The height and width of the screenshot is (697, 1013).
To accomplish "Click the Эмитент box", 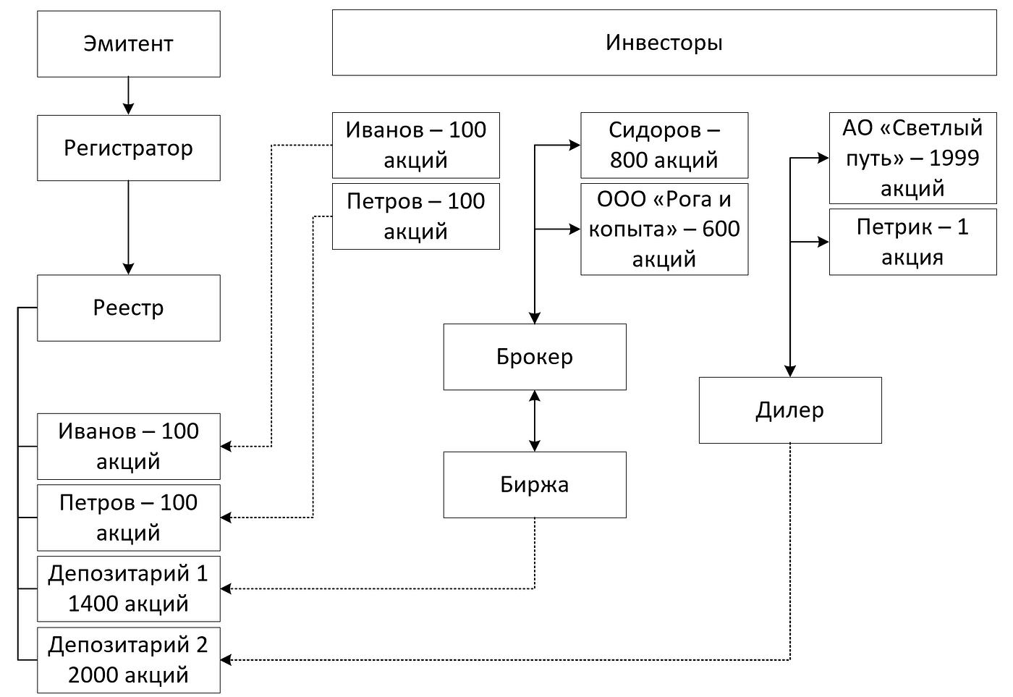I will pos(129,44).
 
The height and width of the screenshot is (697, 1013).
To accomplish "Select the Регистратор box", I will pos(129,148).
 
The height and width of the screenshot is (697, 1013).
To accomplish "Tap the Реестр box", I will pos(129,308).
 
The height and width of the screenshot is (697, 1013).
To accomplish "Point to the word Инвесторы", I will pos(664,43).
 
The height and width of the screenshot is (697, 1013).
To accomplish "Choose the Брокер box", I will pos(535,357).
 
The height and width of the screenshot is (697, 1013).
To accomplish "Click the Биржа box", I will pos(535,484).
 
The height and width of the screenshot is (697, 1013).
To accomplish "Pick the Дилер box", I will pos(790,410).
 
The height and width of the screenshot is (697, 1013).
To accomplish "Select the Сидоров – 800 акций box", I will pos(664,145).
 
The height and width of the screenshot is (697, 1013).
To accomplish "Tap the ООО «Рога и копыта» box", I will pos(664,229).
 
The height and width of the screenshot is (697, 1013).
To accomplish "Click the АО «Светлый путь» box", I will pos(912,158).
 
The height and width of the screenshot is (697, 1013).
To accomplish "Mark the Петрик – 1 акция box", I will pos(912,242).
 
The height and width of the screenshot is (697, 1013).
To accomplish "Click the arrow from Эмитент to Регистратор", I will pos(129,96).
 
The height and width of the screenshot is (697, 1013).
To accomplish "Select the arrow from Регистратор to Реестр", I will pos(129,227).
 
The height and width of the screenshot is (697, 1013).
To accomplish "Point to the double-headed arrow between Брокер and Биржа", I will pos(535,421).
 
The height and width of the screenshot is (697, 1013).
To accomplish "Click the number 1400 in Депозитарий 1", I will pos(93,604).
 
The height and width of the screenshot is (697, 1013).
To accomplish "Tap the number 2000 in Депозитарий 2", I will pos(93,675).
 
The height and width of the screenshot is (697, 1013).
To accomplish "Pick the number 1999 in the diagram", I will pos(954,158).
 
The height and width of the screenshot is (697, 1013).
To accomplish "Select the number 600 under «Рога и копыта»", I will pos(721,229).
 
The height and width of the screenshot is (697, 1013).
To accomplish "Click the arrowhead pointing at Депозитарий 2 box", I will pos(226,659).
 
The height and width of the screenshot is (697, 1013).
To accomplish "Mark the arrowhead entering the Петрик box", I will pos(823,242).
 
